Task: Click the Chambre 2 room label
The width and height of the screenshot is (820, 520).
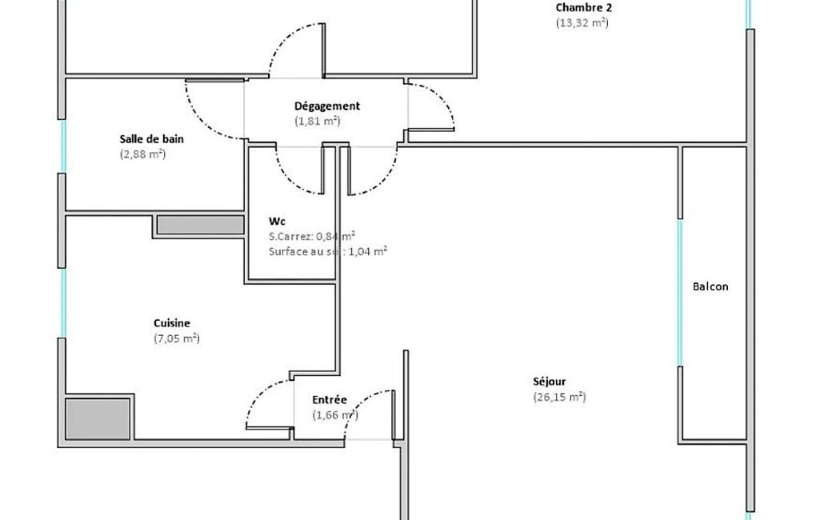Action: tap(584, 8)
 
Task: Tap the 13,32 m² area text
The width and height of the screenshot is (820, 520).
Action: tap(582, 23)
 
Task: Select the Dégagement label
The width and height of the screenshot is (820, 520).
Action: tap(327, 106)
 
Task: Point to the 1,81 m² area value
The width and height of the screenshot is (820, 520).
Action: tap(318, 122)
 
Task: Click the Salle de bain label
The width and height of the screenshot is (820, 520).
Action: tap(152, 139)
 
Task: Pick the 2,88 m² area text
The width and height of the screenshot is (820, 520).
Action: tap(142, 154)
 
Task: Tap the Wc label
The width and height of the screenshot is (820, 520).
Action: tap(277, 222)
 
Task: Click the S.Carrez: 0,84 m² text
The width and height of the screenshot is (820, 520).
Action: tap(312, 237)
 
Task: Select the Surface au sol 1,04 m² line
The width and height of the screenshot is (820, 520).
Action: tap(328, 252)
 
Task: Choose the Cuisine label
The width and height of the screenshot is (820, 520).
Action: tap(171, 323)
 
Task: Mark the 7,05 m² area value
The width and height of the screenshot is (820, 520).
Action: tap(177, 338)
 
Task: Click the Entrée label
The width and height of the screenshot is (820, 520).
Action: tap(330, 400)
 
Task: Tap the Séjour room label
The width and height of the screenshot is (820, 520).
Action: tap(549, 382)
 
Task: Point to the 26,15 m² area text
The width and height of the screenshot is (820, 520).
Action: tap(559, 397)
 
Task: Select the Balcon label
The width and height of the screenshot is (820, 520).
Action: tap(710, 286)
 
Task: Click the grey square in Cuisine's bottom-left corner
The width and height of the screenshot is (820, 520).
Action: tap(98, 419)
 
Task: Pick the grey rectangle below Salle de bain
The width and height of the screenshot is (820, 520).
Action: tap(201, 225)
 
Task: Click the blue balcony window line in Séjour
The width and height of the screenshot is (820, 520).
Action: tap(680, 293)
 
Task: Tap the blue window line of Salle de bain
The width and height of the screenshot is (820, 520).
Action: tap(62, 146)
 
